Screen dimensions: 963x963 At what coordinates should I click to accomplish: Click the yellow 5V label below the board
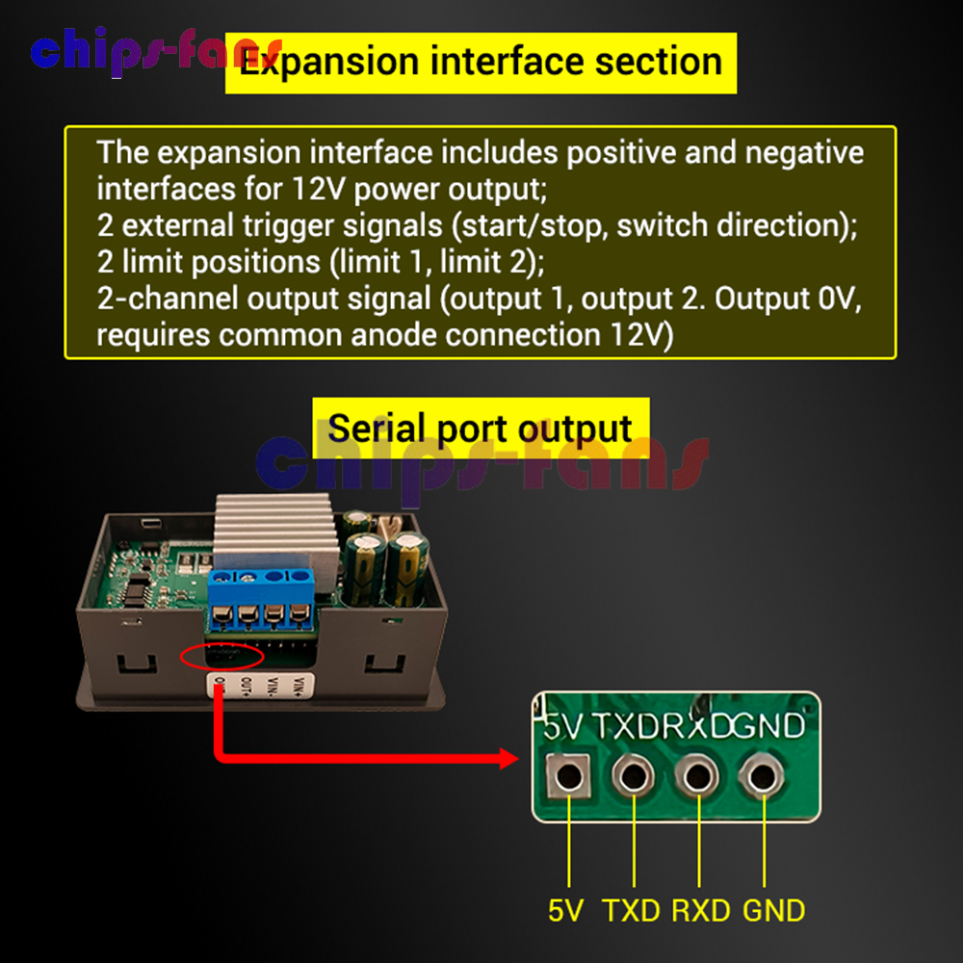[566, 909]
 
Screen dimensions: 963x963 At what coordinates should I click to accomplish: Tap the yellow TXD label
[633, 909]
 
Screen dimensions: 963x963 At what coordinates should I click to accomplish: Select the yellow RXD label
[700, 909]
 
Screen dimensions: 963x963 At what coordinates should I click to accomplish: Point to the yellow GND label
[773, 909]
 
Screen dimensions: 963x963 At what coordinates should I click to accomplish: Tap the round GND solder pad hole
[763, 774]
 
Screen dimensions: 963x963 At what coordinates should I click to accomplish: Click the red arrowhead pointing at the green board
[509, 760]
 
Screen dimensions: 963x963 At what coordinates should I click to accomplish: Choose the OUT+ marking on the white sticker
[247, 687]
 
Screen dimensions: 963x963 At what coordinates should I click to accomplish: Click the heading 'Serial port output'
[481, 428]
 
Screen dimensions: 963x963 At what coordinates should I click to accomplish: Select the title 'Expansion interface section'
[481, 63]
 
